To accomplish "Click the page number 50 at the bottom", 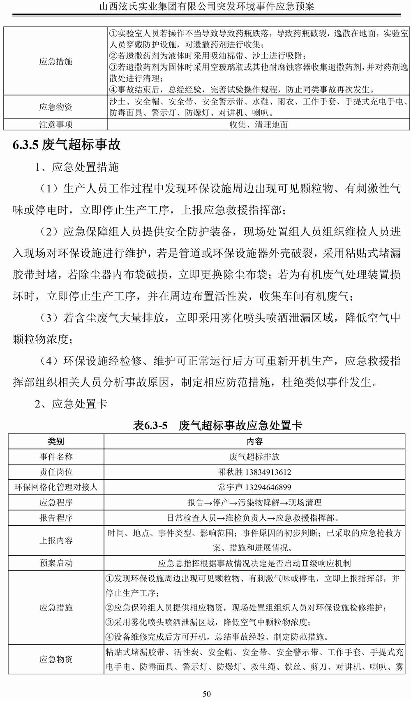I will (207, 694).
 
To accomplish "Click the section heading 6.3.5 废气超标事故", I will (67, 144).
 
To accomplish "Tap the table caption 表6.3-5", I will (151, 425).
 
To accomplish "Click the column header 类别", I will (56, 441).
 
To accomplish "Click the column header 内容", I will (254, 441).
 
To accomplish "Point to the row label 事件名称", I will (56, 457).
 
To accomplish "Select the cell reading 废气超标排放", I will (254, 457).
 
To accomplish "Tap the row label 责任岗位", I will (56, 472).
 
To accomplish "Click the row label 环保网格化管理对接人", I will (56, 487).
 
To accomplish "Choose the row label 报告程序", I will (56, 518).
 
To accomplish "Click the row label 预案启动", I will (56, 563).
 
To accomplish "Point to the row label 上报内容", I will (56, 540).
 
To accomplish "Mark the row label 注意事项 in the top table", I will (56, 124).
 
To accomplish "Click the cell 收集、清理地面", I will (259, 124).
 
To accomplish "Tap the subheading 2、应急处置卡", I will (71, 404).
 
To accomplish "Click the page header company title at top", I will (207, 7).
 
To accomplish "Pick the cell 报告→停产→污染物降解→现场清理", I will (254, 503).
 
